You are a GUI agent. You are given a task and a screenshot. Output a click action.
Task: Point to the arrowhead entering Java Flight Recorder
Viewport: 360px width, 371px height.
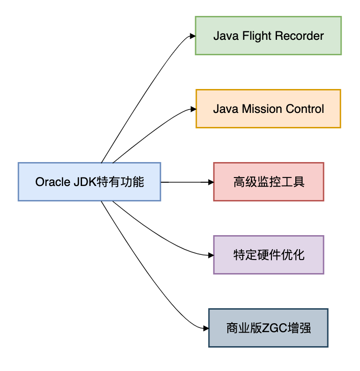tap(192, 36)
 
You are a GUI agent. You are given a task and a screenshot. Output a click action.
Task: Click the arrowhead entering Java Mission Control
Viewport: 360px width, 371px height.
tap(193, 109)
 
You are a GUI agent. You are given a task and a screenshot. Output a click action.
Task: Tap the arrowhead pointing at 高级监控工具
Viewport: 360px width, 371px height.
tap(210, 182)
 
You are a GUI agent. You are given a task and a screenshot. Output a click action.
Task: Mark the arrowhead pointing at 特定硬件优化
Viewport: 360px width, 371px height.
tap(210, 255)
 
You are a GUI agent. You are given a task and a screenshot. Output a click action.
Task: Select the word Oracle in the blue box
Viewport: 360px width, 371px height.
tap(52, 182)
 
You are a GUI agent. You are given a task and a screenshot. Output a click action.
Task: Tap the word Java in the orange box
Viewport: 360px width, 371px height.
tap(225, 109)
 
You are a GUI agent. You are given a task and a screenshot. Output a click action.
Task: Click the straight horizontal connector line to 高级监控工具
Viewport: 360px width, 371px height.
tap(185, 182)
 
